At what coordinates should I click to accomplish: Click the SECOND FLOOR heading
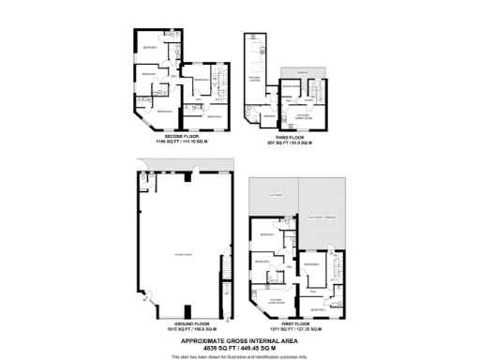pyautogui.click(x=181, y=137)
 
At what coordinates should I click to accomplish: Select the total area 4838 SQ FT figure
pyautogui.click(x=240, y=348)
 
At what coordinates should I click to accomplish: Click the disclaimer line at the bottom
pyautogui.click(x=240, y=356)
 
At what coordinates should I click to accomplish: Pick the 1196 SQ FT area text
pyautogui.click(x=181, y=142)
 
